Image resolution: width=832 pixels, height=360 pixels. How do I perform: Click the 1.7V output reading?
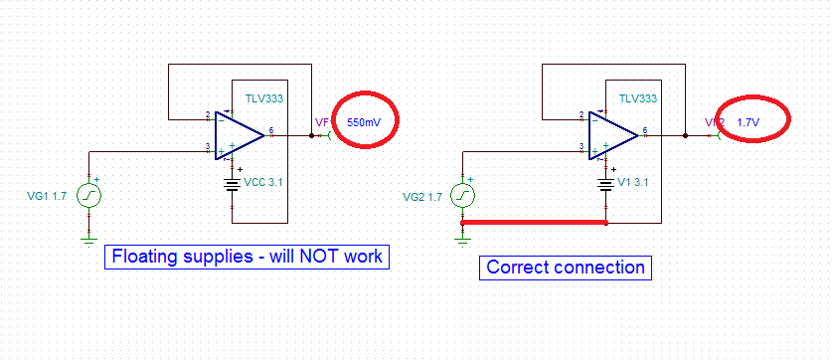click(748, 121)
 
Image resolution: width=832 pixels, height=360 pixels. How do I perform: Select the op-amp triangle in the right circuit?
click(612, 134)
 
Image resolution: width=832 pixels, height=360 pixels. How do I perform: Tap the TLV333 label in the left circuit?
click(263, 100)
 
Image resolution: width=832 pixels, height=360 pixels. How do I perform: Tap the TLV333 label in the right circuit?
click(637, 99)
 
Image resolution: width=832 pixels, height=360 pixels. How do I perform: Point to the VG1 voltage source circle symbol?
click(88, 196)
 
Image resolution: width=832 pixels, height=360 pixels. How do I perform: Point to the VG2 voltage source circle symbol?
click(463, 196)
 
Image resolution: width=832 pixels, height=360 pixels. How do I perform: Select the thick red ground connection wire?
click(535, 223)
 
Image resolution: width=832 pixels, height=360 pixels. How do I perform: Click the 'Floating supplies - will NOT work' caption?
click(248, 258)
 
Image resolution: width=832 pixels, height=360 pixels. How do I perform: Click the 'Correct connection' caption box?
click(566, 268)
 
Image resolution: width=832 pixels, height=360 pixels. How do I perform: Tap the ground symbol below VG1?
click(88, 238)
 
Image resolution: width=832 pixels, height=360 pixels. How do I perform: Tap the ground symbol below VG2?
click(463, 238)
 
